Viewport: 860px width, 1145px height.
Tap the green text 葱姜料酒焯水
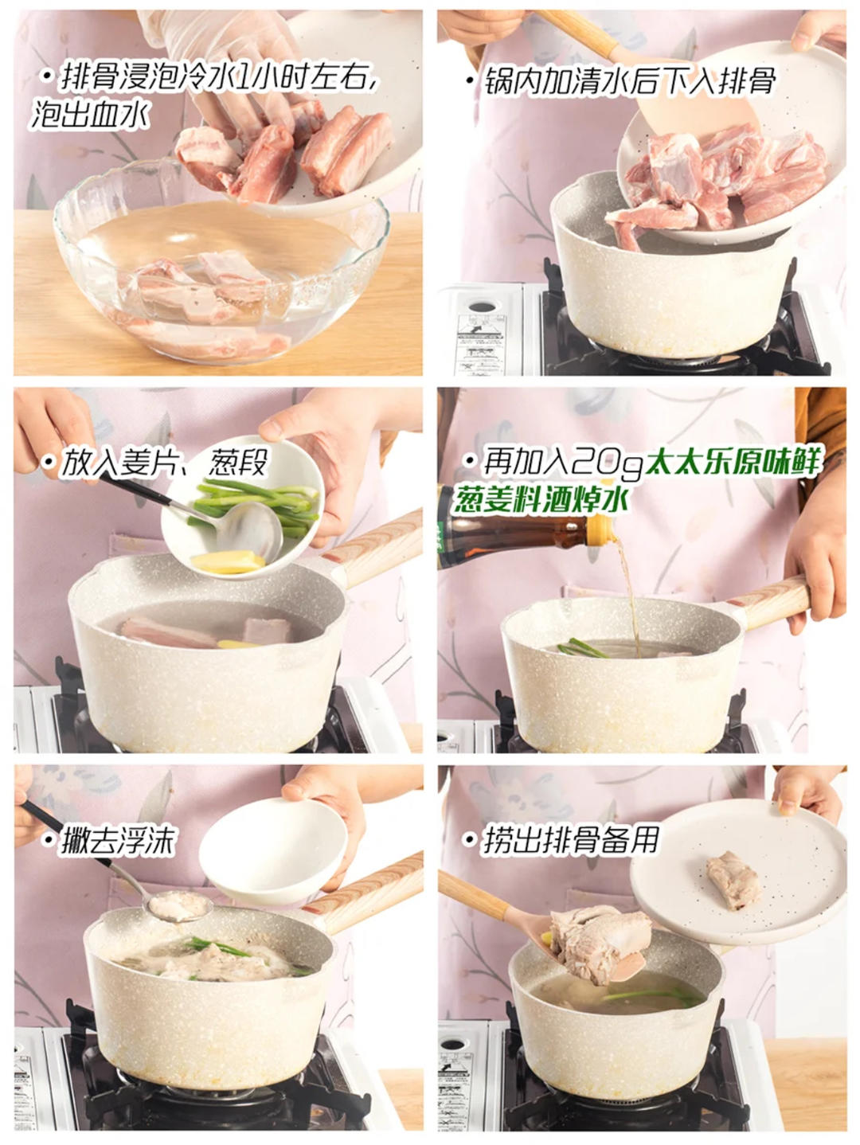(x=541, y=499)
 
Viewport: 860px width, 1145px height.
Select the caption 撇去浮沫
(x=119, y=841)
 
